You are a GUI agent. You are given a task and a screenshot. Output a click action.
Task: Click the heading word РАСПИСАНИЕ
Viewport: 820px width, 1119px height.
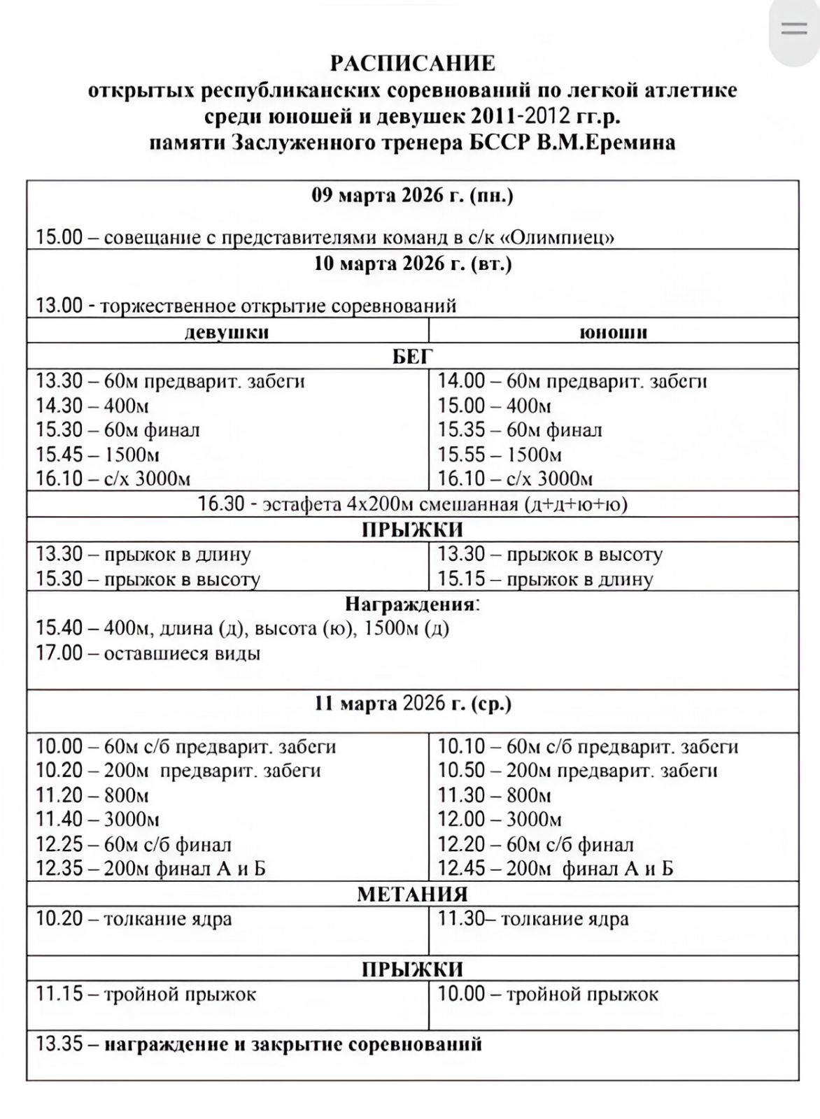[x=412, y=64]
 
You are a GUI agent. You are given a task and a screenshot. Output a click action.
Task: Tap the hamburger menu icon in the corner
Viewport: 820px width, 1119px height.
[x=794, y=29]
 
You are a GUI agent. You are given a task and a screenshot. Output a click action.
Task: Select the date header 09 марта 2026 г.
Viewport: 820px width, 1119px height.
[x=412, y=195]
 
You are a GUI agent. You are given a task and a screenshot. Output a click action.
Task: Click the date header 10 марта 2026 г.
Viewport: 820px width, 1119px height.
[x=412, y=264]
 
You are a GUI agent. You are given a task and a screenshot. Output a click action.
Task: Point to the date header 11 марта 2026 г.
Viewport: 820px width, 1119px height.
[x=412, y=703]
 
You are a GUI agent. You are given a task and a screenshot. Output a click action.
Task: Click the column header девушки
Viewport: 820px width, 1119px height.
[x=227, y=332]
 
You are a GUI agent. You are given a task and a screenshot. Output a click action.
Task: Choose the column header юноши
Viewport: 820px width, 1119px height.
[x=613, y=332]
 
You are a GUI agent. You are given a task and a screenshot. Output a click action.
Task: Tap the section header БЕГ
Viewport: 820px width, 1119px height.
[x=412, y=357]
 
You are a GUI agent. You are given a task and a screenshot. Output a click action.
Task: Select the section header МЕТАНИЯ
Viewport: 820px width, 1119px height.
[x=412, y=894]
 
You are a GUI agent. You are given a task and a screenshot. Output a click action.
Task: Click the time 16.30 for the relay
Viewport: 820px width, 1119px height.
[x=221, y=504]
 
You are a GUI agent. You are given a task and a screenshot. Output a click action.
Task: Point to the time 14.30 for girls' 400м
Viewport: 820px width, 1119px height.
[x=59, y=406]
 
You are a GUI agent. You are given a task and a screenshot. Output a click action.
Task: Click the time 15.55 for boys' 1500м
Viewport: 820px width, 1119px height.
[x=461, y=455]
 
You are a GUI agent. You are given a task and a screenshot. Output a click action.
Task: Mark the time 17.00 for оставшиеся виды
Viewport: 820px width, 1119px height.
[x=59, y=653]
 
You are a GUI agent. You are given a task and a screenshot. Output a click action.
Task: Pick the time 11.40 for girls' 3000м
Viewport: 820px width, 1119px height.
[x=59, y=819]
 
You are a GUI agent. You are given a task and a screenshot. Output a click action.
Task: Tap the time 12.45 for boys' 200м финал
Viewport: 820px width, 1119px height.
[x=461, y=869]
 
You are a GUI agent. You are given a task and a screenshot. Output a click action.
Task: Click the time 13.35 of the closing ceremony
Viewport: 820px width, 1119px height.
[x=59, y=1044]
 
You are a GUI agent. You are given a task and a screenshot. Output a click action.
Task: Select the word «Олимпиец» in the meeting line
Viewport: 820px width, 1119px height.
[x=558, y=238]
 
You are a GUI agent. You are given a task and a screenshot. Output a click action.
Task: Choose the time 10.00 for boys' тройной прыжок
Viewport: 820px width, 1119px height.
[x=461, y=994]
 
